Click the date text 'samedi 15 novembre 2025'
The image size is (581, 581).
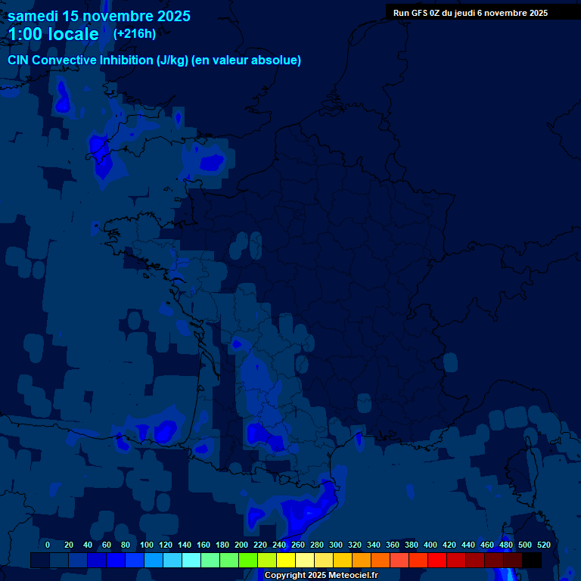click(x=98, y=16)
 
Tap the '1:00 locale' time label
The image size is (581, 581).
click(x=53, y=34)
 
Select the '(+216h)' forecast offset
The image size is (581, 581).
click(x=134, y=33)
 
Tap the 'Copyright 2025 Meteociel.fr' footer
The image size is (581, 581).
click(x=321, y=575)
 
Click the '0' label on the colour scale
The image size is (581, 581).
click(x=48, y=545)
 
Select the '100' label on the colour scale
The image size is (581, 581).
click(x=145, y=545)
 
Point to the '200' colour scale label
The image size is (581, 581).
click(x=241, y=545)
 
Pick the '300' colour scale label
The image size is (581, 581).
click(x=336, y=545)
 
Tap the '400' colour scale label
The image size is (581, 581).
click(x=430, y=545)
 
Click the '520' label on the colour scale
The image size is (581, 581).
click(x=543, y=545)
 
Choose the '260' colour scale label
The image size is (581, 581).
click(x=298, y=545)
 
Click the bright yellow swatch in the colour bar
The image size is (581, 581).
click(x=285, y=560)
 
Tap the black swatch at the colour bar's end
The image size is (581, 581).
click(x=531, y=560)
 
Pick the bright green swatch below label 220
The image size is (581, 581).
click(x=247, y=560)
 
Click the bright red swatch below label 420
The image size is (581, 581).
click(x=437, y=560)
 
